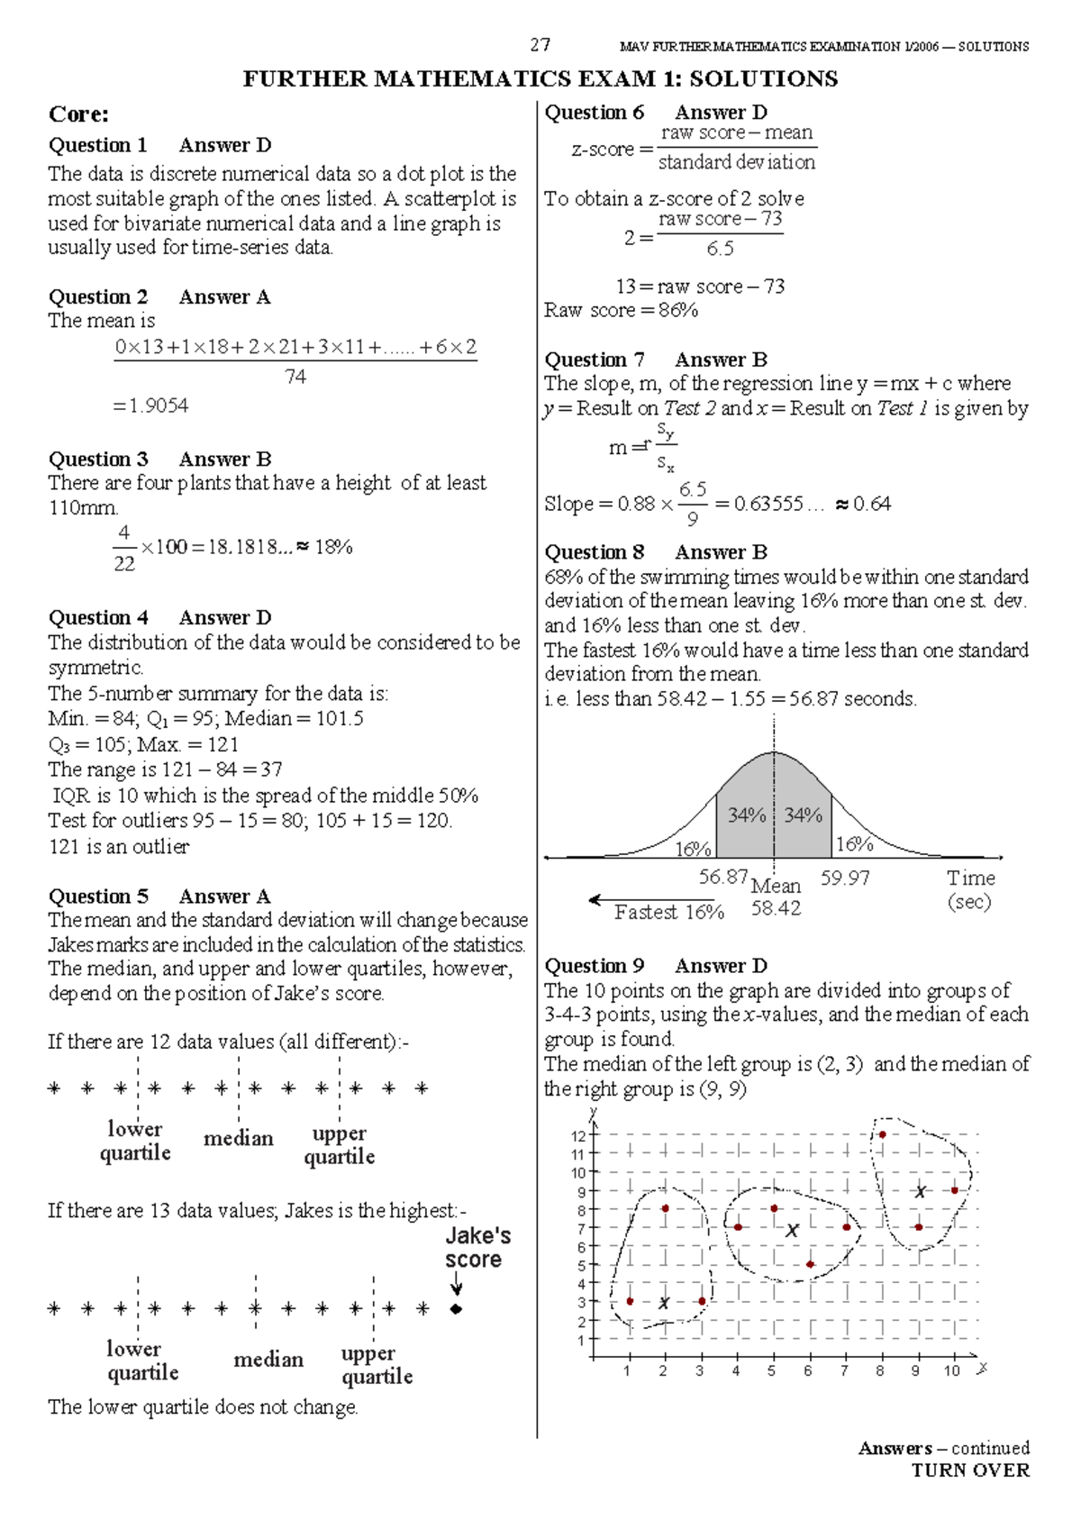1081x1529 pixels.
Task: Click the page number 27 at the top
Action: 540,44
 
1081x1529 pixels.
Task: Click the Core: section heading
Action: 78,114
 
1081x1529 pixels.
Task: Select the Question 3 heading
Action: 98,459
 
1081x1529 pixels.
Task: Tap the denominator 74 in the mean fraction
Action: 295,377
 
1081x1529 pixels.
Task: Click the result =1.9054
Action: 150,405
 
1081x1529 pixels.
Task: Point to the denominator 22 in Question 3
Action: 124,564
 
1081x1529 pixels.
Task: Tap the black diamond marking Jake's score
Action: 456,1308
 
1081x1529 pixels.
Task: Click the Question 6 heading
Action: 594,113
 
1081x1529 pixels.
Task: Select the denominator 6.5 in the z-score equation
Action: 720,249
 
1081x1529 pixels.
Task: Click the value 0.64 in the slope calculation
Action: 871,504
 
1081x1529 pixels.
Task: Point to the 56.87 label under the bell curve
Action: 722,877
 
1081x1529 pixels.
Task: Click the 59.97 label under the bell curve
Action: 844,878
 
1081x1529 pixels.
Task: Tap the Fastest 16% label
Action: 668,912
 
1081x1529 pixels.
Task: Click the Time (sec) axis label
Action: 970,889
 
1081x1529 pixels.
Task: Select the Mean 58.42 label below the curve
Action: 776,897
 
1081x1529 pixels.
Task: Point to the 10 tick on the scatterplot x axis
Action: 951,1370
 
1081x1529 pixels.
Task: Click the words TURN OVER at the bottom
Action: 969,1470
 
